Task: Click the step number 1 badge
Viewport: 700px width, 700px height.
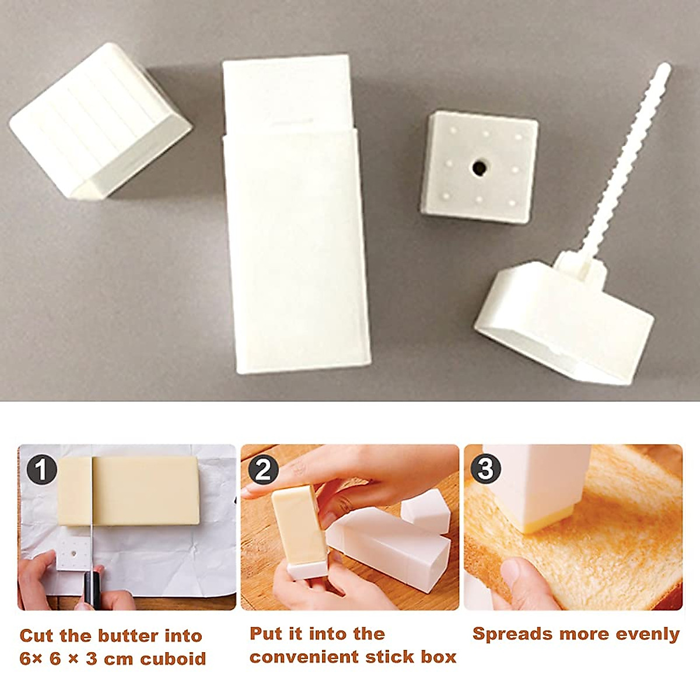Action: (41, 470)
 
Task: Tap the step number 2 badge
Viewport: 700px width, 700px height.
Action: (263, 470)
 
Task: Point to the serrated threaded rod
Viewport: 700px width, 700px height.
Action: (630, 163)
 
